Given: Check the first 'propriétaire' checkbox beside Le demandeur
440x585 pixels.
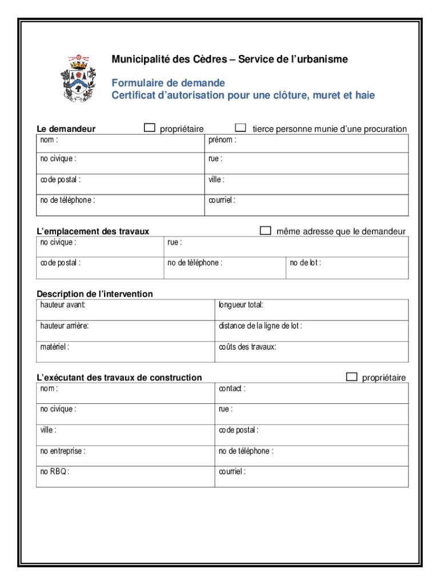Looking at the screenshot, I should pos(150,128).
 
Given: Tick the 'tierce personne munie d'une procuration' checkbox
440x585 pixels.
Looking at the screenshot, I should pos(241,128).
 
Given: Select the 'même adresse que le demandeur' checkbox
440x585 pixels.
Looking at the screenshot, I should pos(266,230).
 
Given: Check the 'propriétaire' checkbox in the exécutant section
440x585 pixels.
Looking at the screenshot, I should pos(351,376).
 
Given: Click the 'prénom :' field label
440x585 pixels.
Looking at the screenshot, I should pos(222,139).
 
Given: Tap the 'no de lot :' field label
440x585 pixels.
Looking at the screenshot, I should pos(305,263).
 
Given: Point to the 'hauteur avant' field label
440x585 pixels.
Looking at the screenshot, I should pos(63,305).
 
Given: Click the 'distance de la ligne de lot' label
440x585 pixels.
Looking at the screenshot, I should pos(260,326).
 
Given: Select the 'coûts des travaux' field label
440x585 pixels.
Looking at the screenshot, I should pos(247,347).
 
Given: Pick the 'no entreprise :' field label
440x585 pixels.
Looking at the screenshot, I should pos(63,451).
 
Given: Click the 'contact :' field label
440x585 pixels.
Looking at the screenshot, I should pos(232,388).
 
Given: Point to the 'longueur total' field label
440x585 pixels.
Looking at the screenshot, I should pos(241,305).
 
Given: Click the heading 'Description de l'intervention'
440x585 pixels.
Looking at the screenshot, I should pos(95,294).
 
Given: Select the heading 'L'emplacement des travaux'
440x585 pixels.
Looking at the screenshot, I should pos(93,231).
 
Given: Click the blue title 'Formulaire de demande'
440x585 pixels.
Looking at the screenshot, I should pos(168,83).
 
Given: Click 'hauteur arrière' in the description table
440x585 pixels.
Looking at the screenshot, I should pos(64,326).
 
